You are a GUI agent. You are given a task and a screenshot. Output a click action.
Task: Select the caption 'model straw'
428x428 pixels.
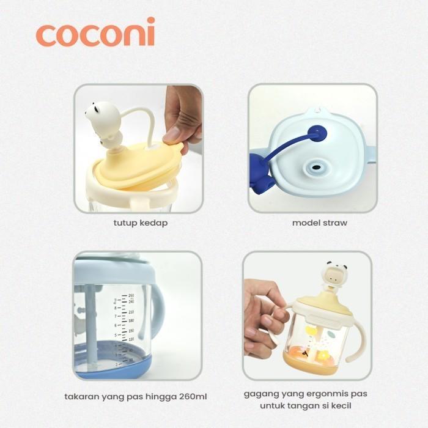point(319,223)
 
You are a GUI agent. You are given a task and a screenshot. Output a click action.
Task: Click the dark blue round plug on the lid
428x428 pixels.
point(316,132)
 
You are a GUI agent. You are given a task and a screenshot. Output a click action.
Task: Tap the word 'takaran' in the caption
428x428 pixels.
point(83,397)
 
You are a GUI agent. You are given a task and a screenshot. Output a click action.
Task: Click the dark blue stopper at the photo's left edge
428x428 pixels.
point(256,171)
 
